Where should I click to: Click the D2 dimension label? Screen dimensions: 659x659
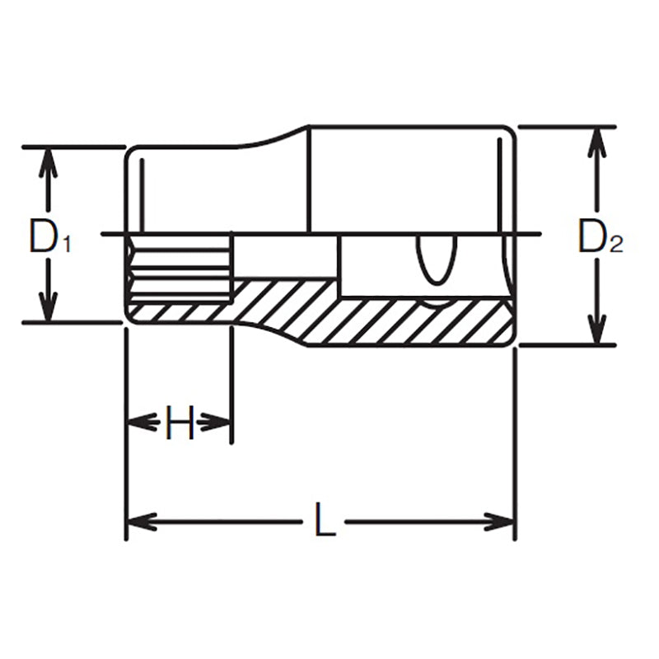pos(601,238)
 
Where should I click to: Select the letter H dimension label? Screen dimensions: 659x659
pos(179,423)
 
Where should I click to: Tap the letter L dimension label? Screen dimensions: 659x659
pos(326,521)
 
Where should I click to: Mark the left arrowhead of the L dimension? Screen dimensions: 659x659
pos(140,521)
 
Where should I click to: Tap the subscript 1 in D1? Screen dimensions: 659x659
pos(67,244)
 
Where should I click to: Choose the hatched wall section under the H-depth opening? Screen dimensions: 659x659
pos(177,312)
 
